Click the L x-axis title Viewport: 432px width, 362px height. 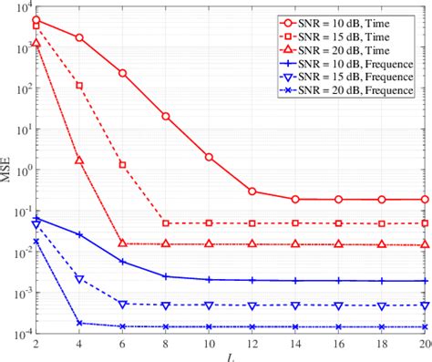[231, 354]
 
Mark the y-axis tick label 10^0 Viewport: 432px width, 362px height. [19, 170]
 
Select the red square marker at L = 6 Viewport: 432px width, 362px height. [122, 164]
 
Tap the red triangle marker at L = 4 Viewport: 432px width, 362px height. [79, 160]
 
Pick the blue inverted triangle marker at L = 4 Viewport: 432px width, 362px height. [79, 279]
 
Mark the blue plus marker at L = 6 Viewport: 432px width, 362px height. [122, 262]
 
